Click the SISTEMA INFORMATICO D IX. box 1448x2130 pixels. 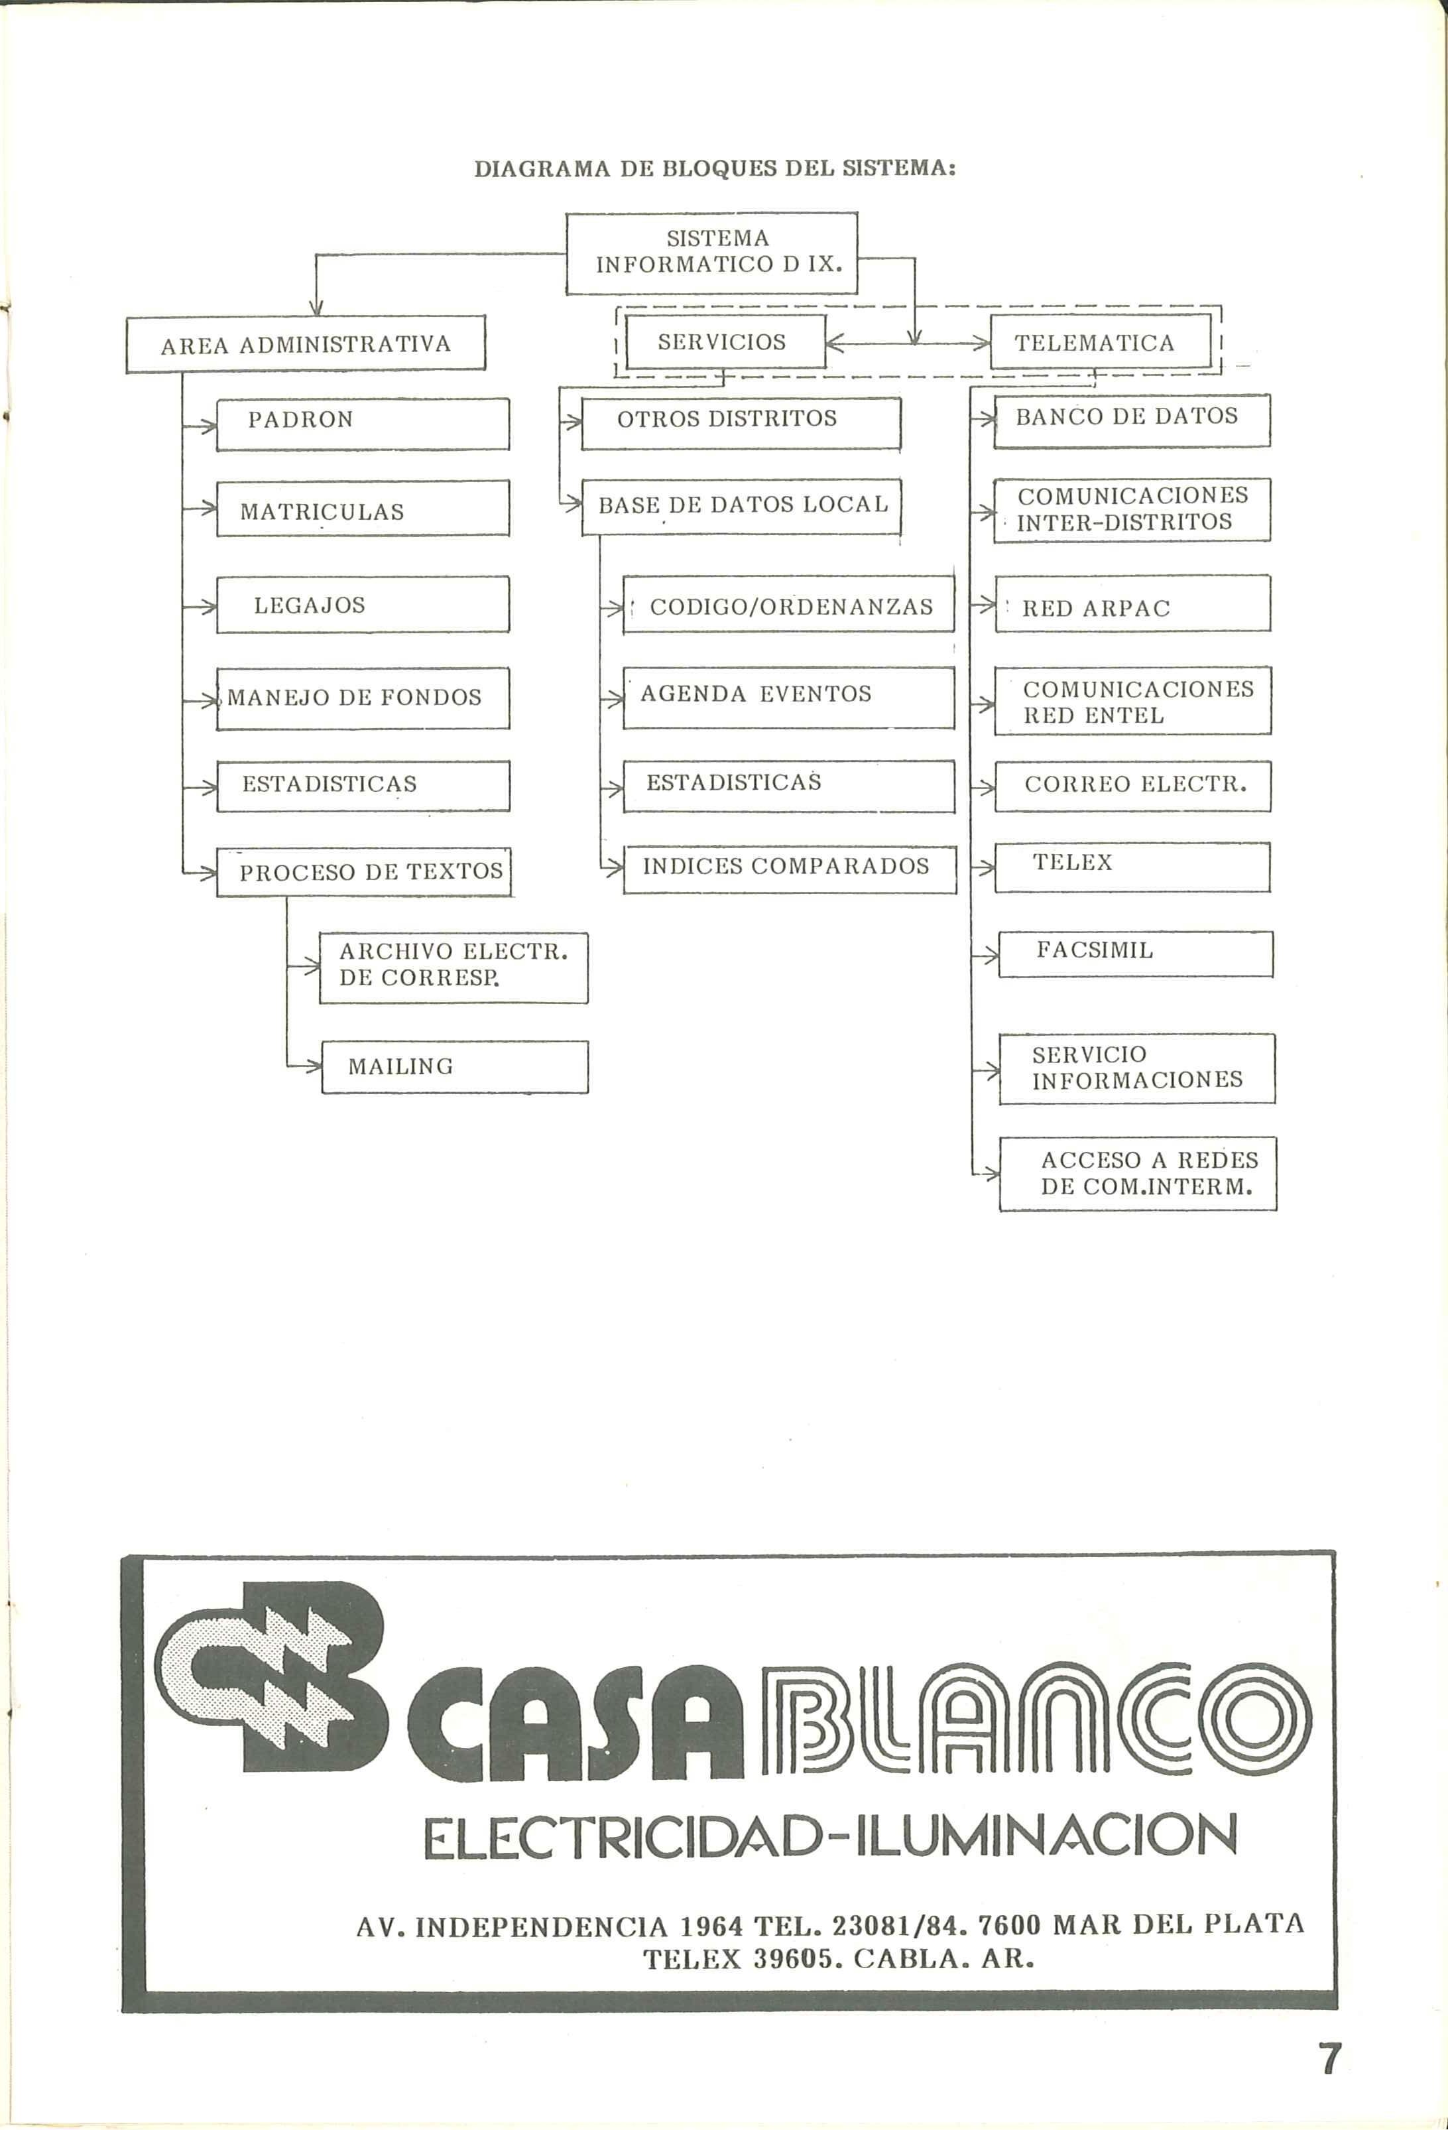tap(711, 253)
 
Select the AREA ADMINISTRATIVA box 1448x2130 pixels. tap(305, 345)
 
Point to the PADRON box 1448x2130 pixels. tap(362, 424)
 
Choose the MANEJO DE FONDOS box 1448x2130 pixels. tap(362, 698)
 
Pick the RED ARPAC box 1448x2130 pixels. tap(1132, 604)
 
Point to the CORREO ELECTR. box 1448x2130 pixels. tap(1132, 785)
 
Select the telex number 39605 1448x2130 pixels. tap(794, 1960)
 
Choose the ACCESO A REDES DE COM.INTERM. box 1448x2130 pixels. tap(1137, 1173)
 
